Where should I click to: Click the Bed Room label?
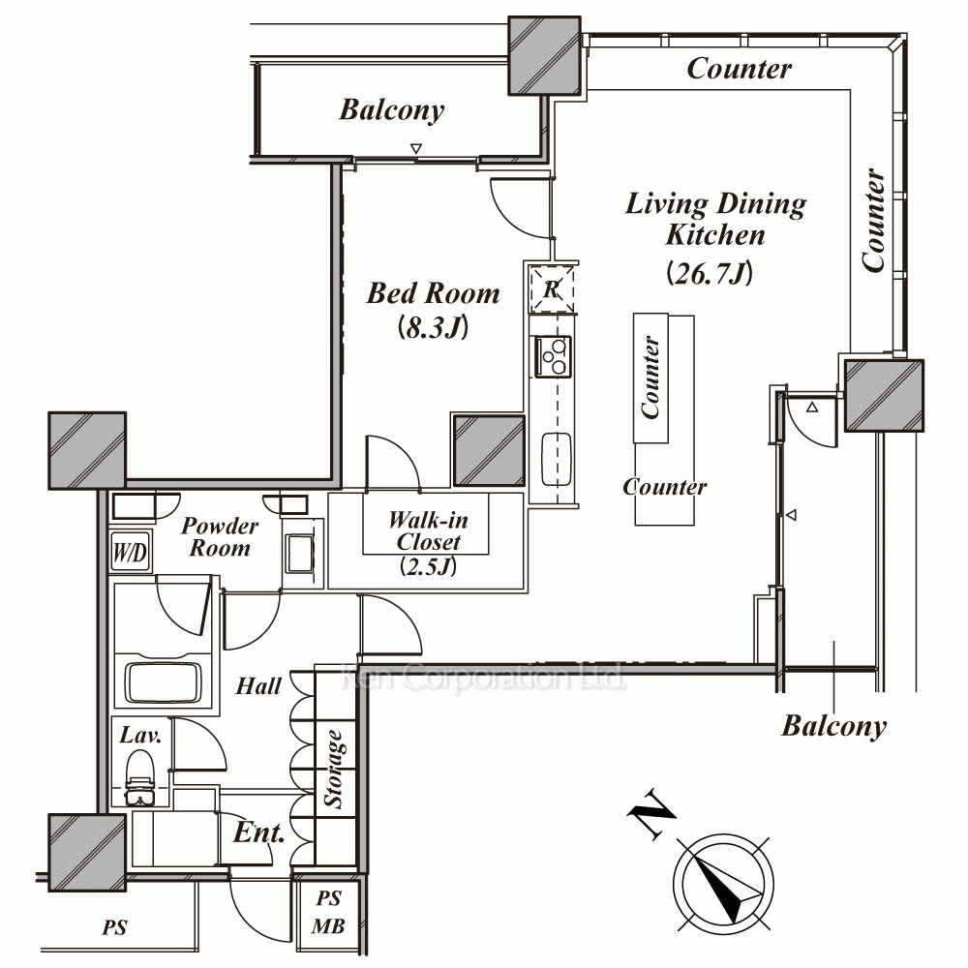pyautogui.click(x=433, y=293)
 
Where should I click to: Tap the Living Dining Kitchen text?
pyautogui.click(x=715, y=219)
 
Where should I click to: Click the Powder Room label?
pyautogui.click(x=220, y=537)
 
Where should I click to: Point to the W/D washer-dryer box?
pyautogui.click(x=129, y=554)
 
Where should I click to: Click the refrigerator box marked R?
pyautogui.click(x=551, y=287)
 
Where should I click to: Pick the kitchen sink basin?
pyautogui.click(x=555, y=460)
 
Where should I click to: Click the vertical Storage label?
pyautogui.click(x=335, y=770)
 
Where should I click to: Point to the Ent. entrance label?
pyautogui.click(x=258, y=832)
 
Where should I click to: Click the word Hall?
pyautogui.click(x=258, y=686)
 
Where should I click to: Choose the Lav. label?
pyautogui.click(x=139, y=735)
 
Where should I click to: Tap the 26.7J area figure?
pyautogui.click(x=710, y=274)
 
